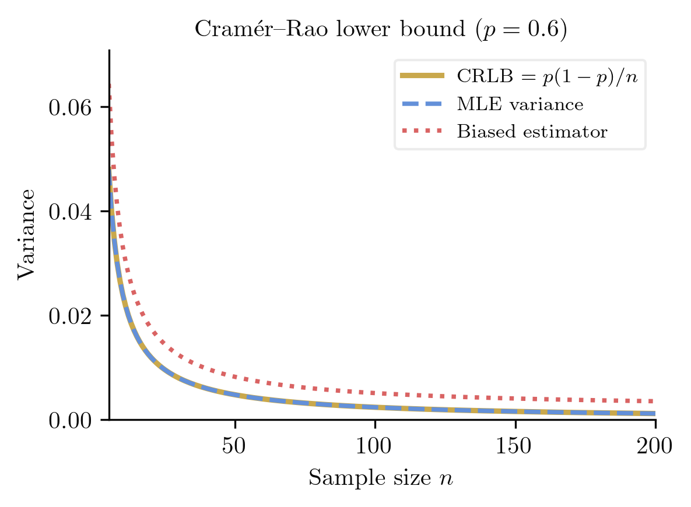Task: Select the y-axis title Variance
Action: point(26,234)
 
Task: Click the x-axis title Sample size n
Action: point(381,478)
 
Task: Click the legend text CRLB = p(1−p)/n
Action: point(546,76)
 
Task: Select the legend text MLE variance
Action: point(520,104)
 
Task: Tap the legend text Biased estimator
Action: point(532,132)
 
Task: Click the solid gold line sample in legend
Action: point(422,76)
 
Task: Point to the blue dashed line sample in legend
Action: point(422,104)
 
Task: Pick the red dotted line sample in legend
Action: point(422,131)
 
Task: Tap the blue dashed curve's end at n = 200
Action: point(654,413)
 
